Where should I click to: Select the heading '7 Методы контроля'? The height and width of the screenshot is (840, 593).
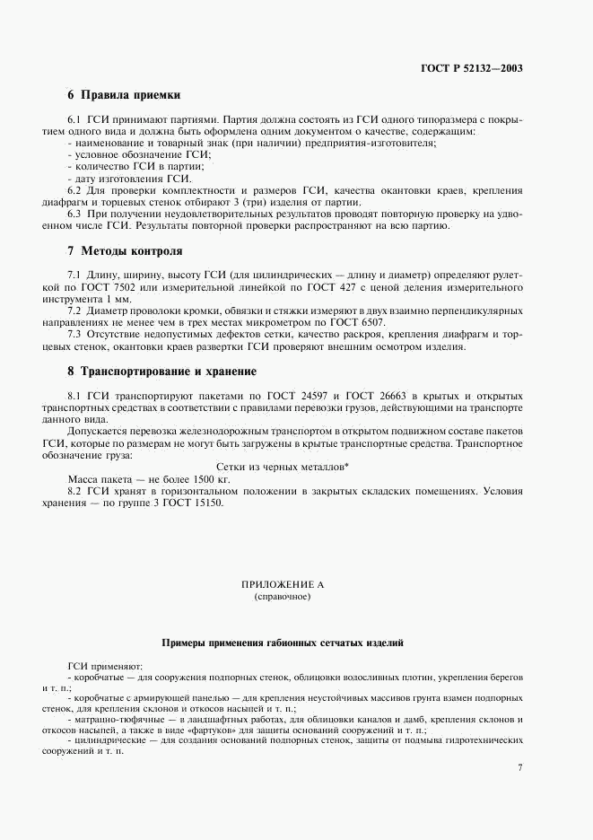(125, 251)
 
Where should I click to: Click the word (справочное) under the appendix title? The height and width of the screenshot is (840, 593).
(282, 596)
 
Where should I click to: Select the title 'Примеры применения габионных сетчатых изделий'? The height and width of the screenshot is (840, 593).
(282, 643)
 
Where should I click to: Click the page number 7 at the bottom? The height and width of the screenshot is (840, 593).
(520, 767)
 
